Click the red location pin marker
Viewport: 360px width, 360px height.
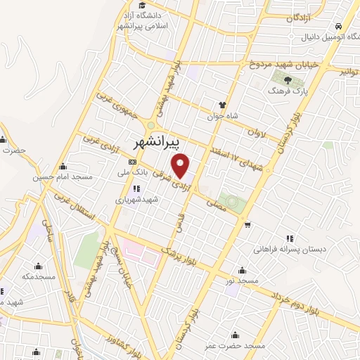(x=181, y=166)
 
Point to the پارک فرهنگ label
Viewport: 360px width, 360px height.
(x=285, y=91)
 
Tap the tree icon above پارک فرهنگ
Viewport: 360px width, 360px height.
(x=289, y=79)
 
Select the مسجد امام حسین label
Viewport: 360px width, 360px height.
(x=63, y=177)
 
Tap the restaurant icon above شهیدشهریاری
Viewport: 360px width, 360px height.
(x=136, y=188)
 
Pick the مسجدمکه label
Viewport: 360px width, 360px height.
(x=38, y=276)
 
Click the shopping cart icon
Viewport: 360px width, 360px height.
(x=247, y=225)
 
